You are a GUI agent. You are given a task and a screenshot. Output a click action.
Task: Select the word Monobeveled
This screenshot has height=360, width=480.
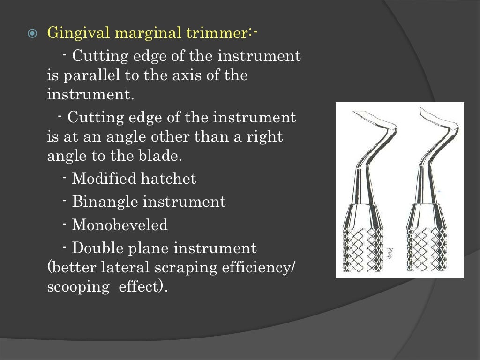pos(120,225)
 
